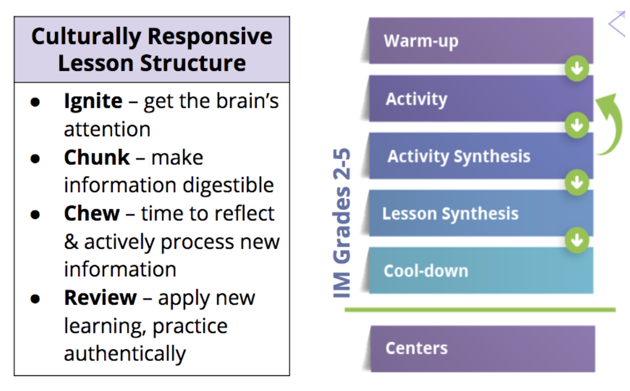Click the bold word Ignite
(93, 101)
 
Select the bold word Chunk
(97, 157)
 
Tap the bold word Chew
(92, 213)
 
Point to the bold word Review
(100, 297)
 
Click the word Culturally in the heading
(86, 37)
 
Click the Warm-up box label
(421, 41)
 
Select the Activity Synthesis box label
(458, 156)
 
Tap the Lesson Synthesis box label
(450, 214)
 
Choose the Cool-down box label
(426, 270)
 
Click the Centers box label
(416, 348)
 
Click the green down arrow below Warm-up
(577, 69)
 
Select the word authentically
(125, 354)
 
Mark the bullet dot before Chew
(35, 214)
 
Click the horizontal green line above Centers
(480, 310)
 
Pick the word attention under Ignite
(107, 130)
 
